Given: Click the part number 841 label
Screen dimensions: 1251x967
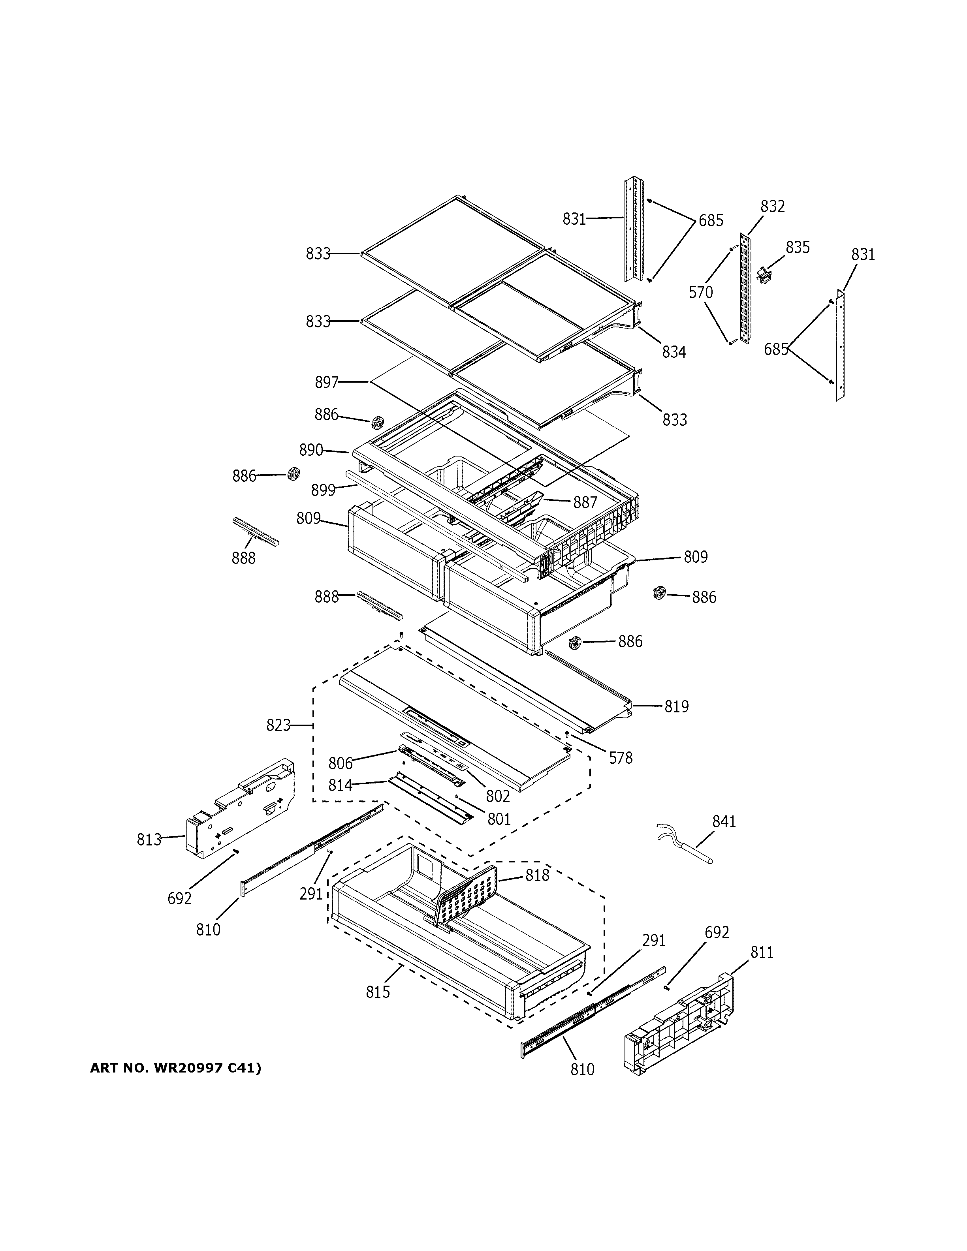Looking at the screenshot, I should [x=724, y=821].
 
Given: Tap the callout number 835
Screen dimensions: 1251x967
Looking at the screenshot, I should [x=798, y=248].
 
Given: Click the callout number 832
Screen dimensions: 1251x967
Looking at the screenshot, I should [x=772, y=206].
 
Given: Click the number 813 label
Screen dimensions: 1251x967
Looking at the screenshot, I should [x=149, y=840].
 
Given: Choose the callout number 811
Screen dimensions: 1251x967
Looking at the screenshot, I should [x=762, y=952].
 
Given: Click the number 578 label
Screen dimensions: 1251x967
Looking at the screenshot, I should [x=621, y=758].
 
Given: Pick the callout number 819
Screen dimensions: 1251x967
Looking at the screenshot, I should [x=677, y=707].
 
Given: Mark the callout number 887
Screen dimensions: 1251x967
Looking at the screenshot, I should [x=585, y=502].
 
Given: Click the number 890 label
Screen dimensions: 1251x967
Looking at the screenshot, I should [x=311, y=450].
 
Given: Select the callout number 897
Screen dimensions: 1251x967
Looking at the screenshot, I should [x=327, y=382].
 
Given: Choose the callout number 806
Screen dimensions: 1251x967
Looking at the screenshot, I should [x=340, y=763].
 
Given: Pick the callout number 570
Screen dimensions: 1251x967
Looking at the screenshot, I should [x=701, y=293].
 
